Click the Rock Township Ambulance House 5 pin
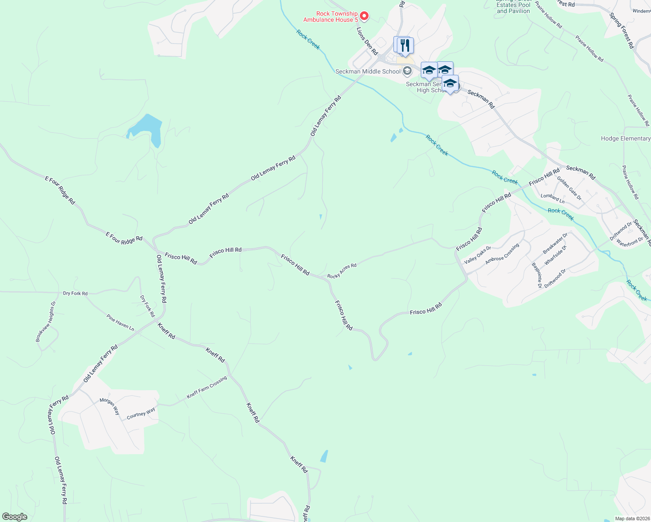click(365, 16)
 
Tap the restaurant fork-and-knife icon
click(405, 45)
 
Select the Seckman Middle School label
click(368, 71)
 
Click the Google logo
click(14, 517)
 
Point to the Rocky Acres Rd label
click(342, 271)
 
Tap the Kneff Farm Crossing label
click(207, 387)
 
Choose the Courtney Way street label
click(141, 413)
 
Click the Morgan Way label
click(110, 406)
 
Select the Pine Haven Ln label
click(120, 322)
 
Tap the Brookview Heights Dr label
click(46, 321)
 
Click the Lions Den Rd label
click(367, 41)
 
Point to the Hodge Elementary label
click(625, 138)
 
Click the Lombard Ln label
click(553, 198)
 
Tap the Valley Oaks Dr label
click(477, 255)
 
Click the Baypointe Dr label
click(537, 275)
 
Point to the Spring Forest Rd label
click(621, 30)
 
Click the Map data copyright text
click(632, 519)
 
